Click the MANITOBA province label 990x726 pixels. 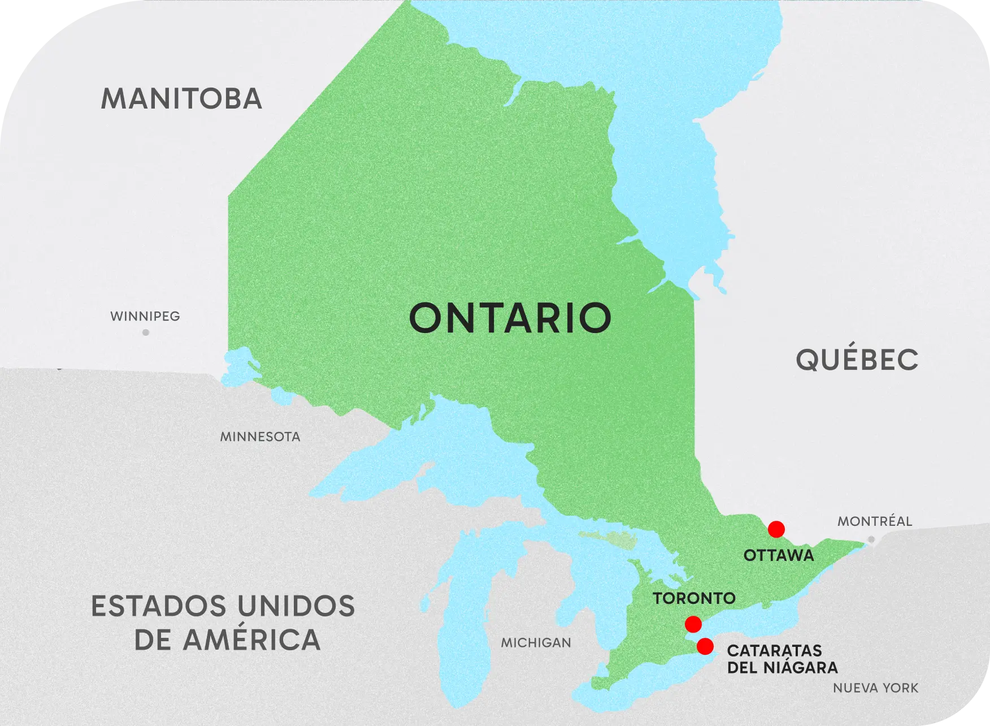[x=181, y=99]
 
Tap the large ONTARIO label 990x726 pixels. [x=510, y=318]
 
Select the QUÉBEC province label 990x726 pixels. [x=857, y=360]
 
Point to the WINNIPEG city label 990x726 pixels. [x=145, y=316]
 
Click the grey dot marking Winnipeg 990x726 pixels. [x=146, y=332]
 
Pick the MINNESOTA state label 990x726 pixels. [x=260, y=437]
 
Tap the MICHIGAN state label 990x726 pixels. [x=536, y=643]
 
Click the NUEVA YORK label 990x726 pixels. [x=875, y=688]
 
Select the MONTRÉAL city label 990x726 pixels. [x=874, y=521]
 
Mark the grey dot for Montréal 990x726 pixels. [x=871, y=540]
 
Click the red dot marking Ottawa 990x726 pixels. [x=776, y=529]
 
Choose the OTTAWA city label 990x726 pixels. [x=779, y=555]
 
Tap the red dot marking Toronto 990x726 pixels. [x=693, y=624]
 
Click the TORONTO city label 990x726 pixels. [x=694, y=598]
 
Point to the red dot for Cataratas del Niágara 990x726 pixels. [x=705, y=646]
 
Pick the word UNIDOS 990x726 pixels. [x=296, y=607]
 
